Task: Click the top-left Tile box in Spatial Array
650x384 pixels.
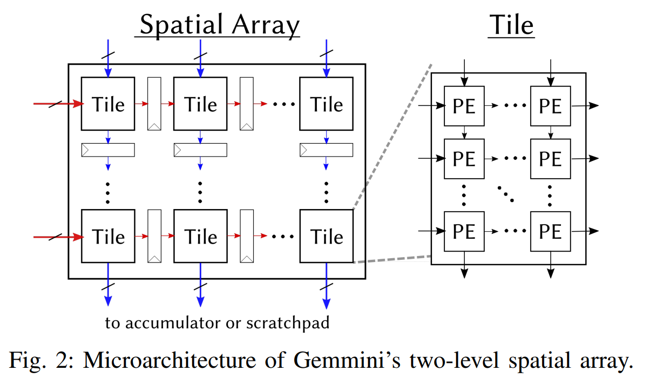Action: (108, 104)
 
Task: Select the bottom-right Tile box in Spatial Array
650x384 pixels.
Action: (326, 236)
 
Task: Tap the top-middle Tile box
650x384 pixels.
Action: (200, 104)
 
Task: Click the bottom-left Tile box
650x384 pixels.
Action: (108, 236)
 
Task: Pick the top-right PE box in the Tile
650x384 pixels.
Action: (550, 106)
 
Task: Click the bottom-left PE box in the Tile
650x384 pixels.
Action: (464, 231)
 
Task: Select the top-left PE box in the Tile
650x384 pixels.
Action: (464, 106)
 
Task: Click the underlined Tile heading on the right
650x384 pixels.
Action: (511, 25)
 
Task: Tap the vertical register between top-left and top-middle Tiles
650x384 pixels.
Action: (154, 104)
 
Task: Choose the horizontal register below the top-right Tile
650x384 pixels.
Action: (326, 150)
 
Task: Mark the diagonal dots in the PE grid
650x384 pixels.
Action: (506, 193)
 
